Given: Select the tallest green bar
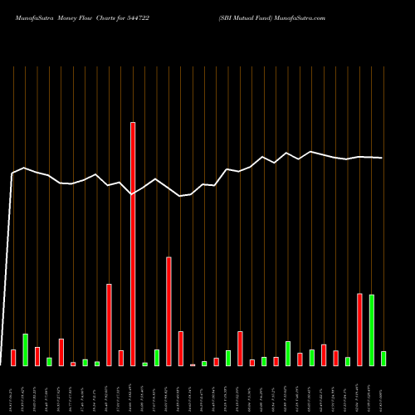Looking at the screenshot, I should pos(371,330).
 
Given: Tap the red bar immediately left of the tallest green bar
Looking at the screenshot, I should pos(359,330).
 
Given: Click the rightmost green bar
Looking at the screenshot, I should pos(383,359).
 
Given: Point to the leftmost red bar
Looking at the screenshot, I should pos(13,358).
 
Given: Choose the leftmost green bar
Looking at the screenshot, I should pos(25,349).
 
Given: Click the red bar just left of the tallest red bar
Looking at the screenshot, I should pos(120,358).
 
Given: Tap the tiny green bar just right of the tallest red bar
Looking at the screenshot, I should pos(144,364).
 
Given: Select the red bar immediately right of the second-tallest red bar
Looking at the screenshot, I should pos(180,349).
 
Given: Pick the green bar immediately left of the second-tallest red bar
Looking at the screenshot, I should pos(157,358).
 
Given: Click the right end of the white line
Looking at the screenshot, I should pos(382,158).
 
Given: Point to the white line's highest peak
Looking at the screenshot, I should pos(311,152).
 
